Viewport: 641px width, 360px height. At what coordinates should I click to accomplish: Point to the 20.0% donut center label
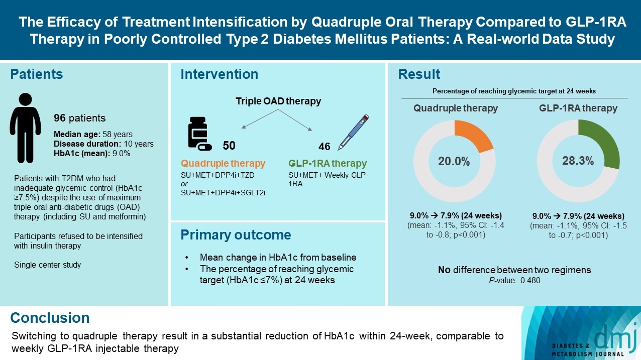tap(454, 161)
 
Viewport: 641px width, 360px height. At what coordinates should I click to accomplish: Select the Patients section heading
tap(37, 74)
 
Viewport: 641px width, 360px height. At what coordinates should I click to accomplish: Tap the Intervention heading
tap(219, 74)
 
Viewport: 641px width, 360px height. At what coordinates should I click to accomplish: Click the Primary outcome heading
tap(236, 235)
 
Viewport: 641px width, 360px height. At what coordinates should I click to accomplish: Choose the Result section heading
tap(419, 74)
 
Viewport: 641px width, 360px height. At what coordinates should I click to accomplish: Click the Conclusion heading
tap(50, 318)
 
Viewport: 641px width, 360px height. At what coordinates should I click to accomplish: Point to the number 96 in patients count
tap(60, 118)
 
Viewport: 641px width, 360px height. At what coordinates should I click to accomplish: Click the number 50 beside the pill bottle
tap(229, 146)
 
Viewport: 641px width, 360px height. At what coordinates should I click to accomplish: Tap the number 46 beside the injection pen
tap(325, 147)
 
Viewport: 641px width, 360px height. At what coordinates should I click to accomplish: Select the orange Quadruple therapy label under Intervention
tap(223, 164)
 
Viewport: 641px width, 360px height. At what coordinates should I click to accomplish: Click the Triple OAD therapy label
tap(278, 101)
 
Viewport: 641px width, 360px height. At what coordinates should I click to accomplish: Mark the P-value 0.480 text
tap(514, 281)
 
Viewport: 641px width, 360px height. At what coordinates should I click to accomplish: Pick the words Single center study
tap(47, 265)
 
